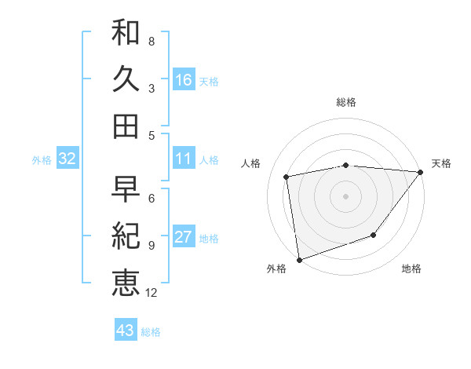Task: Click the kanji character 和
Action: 126,32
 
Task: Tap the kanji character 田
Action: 126,125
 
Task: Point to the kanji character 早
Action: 126,189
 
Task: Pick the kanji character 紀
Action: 126,236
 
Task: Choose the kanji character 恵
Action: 126,282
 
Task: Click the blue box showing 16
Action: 184,80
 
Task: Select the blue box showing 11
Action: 184,159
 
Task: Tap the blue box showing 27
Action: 184,237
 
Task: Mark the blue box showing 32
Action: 67,159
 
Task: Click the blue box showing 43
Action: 126,331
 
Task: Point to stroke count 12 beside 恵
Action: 152,293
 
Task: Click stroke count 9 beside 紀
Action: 151,245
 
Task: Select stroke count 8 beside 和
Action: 151,41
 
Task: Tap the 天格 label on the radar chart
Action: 441,163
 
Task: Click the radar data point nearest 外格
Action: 299,259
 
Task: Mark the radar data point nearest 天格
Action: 420,172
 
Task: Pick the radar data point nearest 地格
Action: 374,235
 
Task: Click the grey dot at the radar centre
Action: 345,195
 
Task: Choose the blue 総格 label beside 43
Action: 151,332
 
